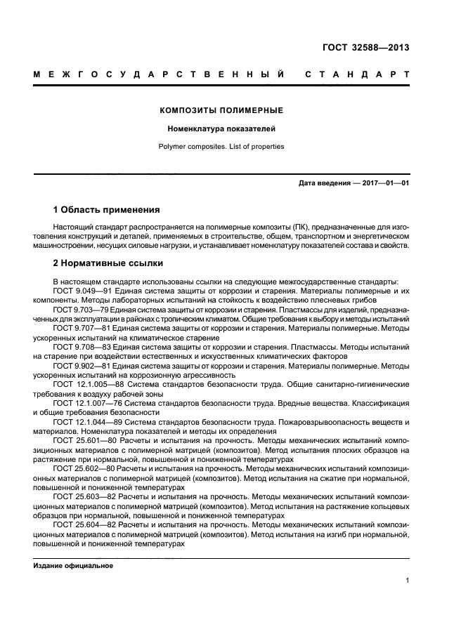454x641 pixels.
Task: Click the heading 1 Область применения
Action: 107,209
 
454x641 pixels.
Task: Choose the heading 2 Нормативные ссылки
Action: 108,264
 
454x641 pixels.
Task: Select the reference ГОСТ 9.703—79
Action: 79,309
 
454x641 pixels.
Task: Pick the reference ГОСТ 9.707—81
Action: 81,328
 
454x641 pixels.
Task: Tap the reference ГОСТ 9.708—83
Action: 81,347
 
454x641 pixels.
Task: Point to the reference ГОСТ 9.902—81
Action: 81,365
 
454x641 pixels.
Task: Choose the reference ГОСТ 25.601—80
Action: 83,440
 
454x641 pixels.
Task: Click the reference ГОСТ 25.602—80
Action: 83,468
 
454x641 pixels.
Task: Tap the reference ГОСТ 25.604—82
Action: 83,524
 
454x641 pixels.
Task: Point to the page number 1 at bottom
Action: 407,580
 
